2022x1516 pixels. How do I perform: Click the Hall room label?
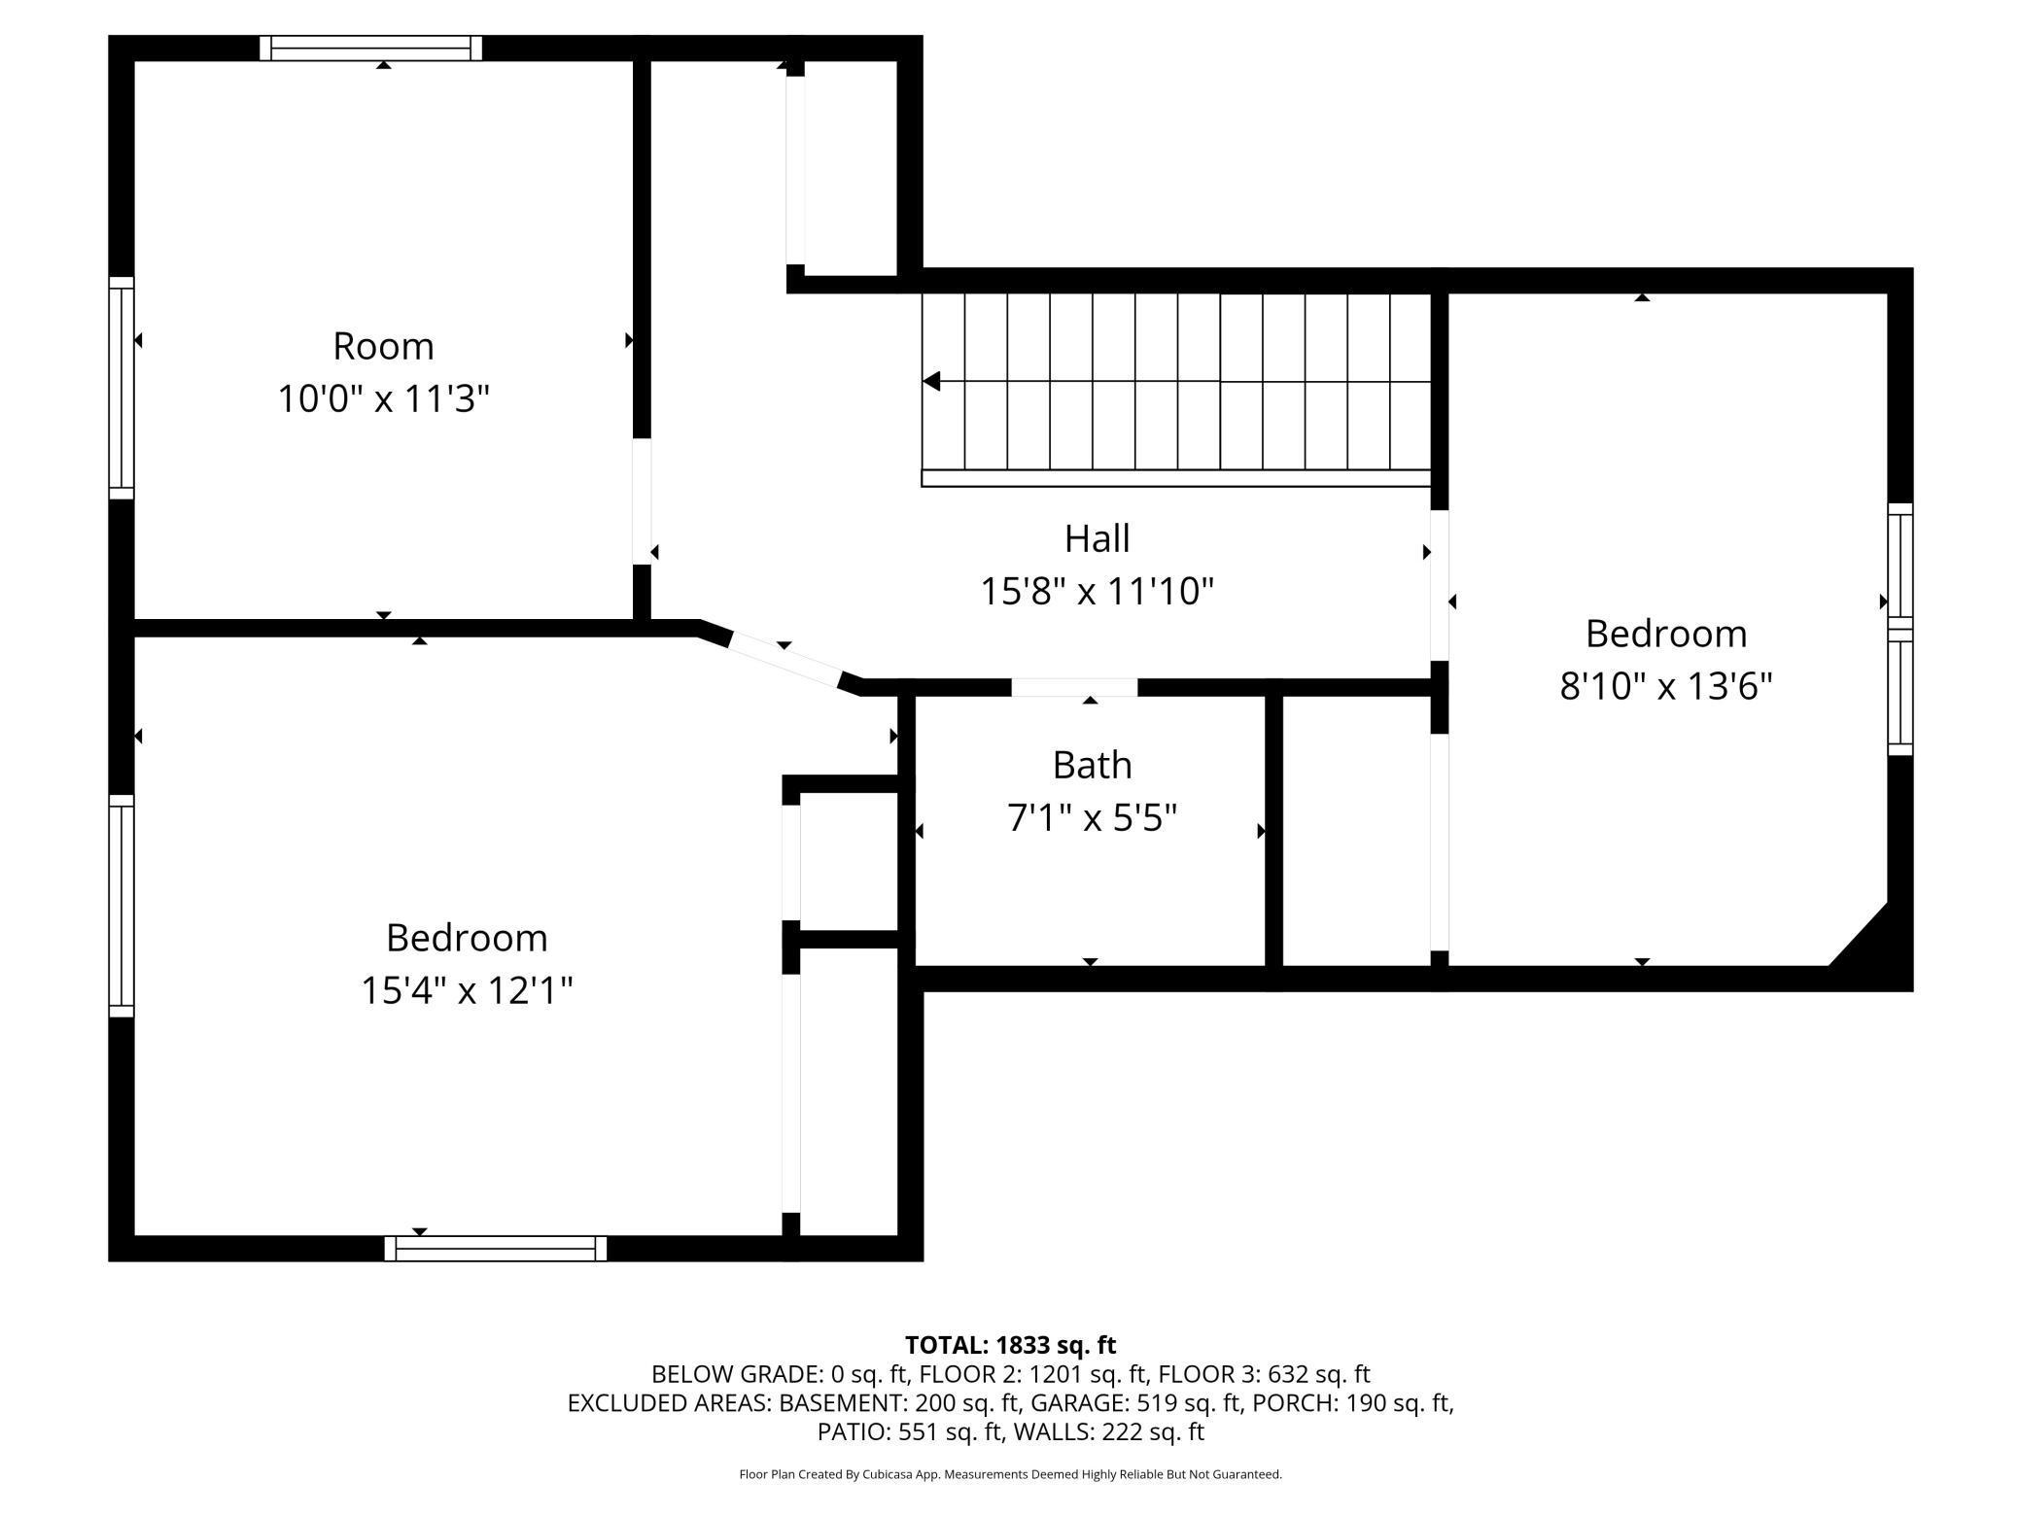(x=1097, y=538)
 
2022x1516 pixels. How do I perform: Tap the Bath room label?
(x=1092, y=766)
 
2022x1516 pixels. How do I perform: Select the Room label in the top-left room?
(x=383, y=346)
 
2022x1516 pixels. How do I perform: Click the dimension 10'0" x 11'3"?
(x=383, y=398)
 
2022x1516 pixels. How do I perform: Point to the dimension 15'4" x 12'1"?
(x=467, y=990)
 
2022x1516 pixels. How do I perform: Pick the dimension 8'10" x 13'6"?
(x=1666, y=686)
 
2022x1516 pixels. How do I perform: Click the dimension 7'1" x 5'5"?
(x=1092, y=818)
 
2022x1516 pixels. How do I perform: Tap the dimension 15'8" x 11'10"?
(x=1097, y=591)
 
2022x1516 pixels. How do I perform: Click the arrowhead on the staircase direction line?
(x=931, y=382)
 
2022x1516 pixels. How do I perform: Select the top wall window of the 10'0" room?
(x=370, y=48)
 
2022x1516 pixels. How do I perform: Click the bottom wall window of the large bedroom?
(x=496, y=1249)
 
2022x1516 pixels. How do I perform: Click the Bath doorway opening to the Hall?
(x=1074, y=687)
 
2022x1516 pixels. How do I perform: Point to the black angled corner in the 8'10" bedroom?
(x=1872, y=947)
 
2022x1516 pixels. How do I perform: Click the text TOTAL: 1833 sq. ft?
(x=1010, y=1345)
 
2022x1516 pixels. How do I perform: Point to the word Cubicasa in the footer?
(x=918, y=1474)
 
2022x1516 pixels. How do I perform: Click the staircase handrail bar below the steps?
(x=1176, y=478)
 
